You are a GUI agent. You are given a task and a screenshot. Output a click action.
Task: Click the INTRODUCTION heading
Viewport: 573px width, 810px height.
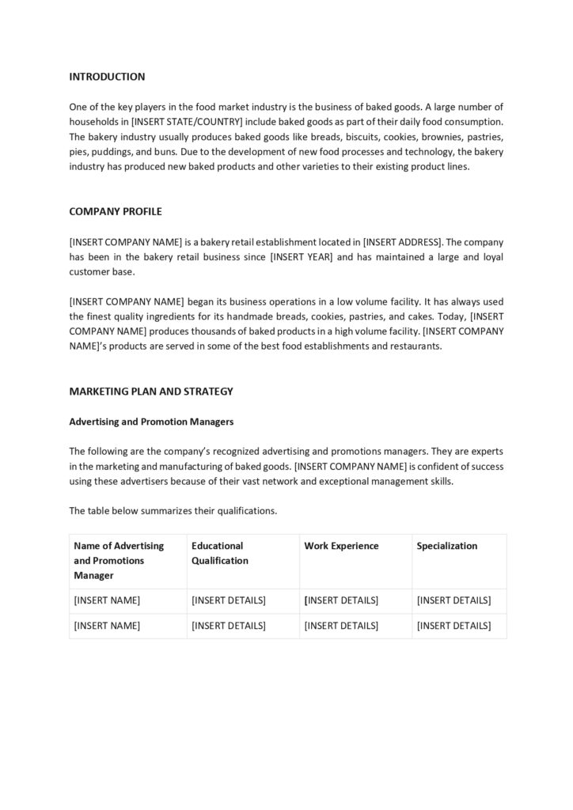tap(107, 77)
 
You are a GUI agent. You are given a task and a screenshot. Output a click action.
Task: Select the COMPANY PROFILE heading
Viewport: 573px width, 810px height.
tap(116, 212)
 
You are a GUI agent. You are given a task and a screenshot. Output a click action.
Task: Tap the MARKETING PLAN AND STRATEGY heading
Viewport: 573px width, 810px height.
tap(150, 392)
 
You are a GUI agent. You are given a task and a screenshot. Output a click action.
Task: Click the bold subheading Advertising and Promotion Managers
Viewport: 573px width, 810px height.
tap(151, 422)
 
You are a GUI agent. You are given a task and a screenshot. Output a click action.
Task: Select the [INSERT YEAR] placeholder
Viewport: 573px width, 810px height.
tap(302, 257)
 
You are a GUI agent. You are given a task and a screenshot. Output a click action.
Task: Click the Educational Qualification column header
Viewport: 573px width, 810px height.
tap(220, 553)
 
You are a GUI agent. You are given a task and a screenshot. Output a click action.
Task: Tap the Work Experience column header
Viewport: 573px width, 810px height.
tap(341, 546)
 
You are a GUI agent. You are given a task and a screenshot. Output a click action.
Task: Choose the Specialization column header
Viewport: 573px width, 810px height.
tap(447, 546)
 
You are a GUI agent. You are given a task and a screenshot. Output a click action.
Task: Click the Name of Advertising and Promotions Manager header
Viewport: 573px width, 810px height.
tap(119, 560)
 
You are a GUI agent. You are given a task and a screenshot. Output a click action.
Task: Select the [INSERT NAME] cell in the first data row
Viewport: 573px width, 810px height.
tap(107, 601)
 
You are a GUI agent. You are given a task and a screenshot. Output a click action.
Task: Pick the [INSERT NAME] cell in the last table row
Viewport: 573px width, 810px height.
tap(107, 626)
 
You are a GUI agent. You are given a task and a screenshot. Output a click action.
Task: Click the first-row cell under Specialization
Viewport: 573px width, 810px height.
tap(453, 601)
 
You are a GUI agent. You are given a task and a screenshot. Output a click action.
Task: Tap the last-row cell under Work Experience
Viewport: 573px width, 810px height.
tap(341, 626)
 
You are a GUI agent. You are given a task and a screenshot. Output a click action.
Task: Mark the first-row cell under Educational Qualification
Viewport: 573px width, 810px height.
tap(229, 601)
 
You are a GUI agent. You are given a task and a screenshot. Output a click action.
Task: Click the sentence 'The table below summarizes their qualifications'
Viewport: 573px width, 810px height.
tap(173, 511)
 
